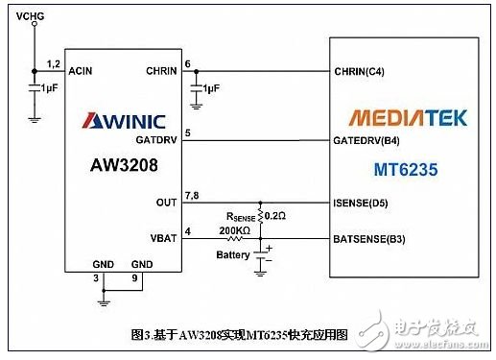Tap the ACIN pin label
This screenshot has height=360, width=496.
(x=81, y=70)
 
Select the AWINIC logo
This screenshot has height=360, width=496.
(x=124, y=121)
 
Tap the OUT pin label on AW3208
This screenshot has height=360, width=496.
(x=167, y=202)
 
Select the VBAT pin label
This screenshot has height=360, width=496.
(x=164, y=235)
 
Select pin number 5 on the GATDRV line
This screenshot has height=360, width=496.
(x=188, y=132)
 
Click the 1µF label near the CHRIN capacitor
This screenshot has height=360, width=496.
(x=212, y=88)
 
